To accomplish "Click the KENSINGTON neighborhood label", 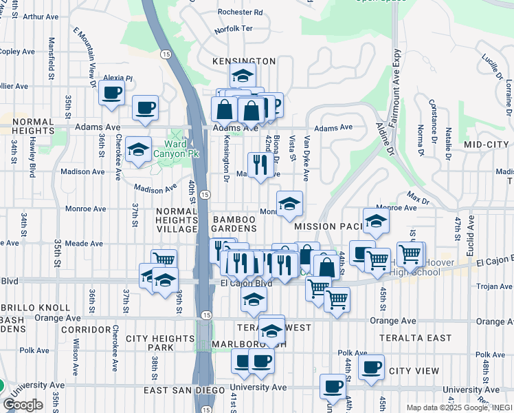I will coord(244,61).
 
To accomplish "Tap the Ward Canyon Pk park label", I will coord(176,149).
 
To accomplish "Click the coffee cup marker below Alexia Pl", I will coord(111,93).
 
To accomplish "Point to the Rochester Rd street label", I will coord(240,12).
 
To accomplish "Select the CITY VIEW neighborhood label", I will coord(414,371).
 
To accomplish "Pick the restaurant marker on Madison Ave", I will coord(260,165).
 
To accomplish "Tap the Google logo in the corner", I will coord(23,405).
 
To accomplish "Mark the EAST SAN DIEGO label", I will coord(184,390).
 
